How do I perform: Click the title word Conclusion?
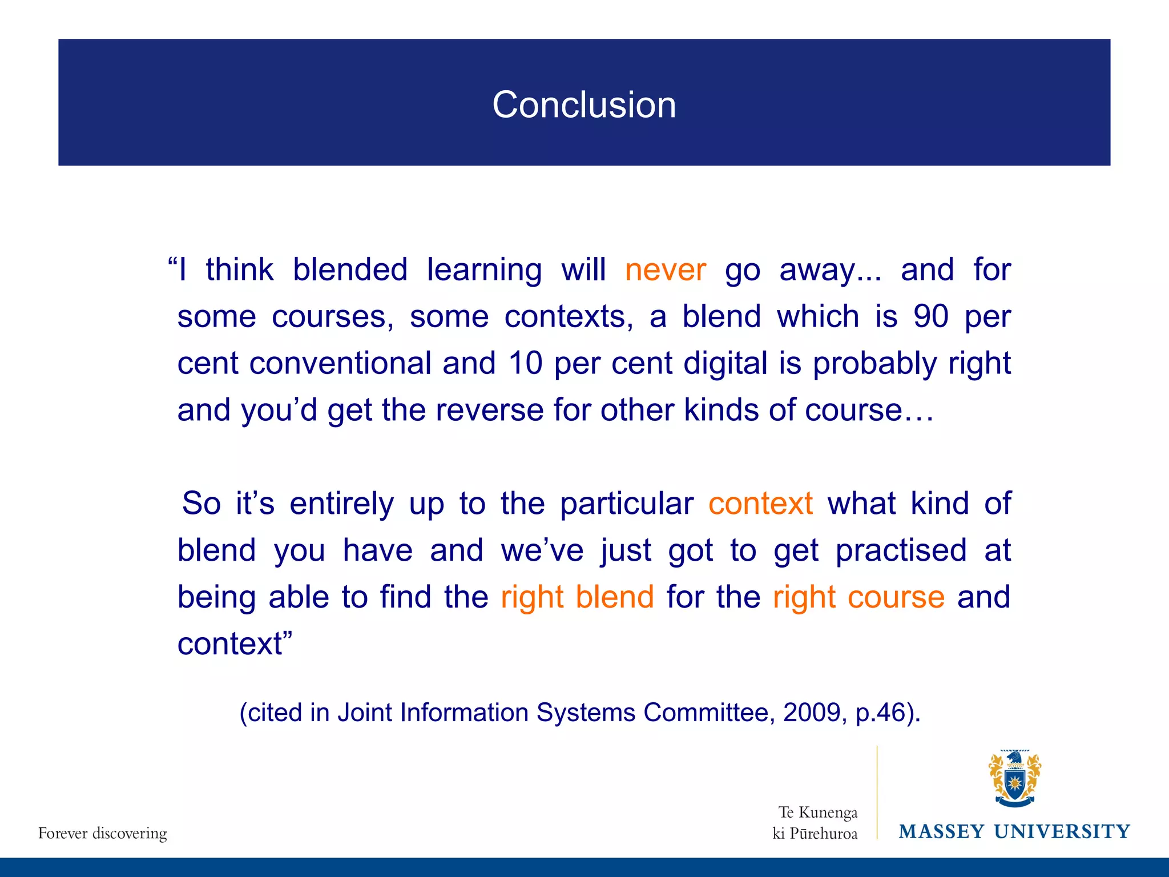point(584,105)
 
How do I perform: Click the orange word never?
point(666,269)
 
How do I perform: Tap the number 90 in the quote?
point(931,316)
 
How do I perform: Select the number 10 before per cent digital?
point(525,363)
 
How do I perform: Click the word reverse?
point(489,410)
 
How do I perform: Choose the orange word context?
point(760,504)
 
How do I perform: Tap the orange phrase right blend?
point(577,597)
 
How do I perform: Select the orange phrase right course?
point(858,597)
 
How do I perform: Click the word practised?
point(901,550)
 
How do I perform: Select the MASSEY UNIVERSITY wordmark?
point(1014,831)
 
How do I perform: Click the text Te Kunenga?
point(818,812)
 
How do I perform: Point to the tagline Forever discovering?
point(103,833)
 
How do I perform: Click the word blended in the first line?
point(350,269)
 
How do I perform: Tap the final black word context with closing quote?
point(234,644)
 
